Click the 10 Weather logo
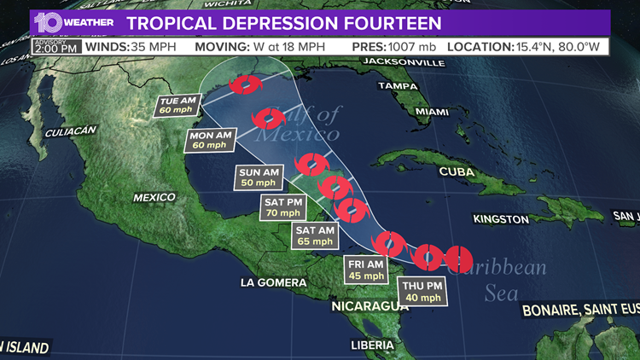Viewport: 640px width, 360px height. pyautogui.click(x=73, y=21)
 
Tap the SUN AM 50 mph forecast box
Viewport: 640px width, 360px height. pyautogui.click(x=259, y=177)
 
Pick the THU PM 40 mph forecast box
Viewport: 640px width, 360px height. pyautogui.click(x=423, y=292)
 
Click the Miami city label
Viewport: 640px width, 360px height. pyautogui.click(x=432, y=112)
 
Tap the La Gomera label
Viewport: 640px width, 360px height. pyautogui.click(x=273, y=282)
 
